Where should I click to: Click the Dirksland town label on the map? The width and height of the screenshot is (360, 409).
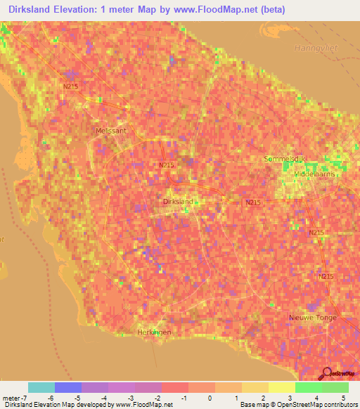point(177,202)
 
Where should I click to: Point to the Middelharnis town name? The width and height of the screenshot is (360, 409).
point(314,174)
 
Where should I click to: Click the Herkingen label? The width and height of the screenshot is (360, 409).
point(153,332)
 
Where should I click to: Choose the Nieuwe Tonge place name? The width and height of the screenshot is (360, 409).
point(313,318)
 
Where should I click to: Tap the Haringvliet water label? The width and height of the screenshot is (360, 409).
point(309,48)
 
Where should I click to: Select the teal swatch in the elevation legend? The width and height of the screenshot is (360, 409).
point(41,387)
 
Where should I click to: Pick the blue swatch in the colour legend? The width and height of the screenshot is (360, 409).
point(68,387)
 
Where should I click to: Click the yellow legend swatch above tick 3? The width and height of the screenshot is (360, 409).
point(282,387)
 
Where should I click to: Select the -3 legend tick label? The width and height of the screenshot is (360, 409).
point(122,398)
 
